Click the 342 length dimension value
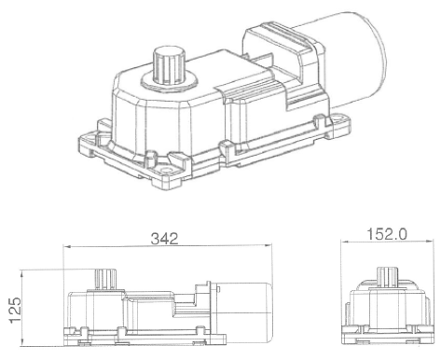click(x=164, y=239)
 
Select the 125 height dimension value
click(x=15, y=310)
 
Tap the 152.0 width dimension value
click(x=387, y=234)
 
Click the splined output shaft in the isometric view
click(x=169, y=64)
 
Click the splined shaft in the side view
click(x=105, y=280)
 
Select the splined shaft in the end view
click(x=387, y=277)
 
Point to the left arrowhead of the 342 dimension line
click(x=67, y=247)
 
